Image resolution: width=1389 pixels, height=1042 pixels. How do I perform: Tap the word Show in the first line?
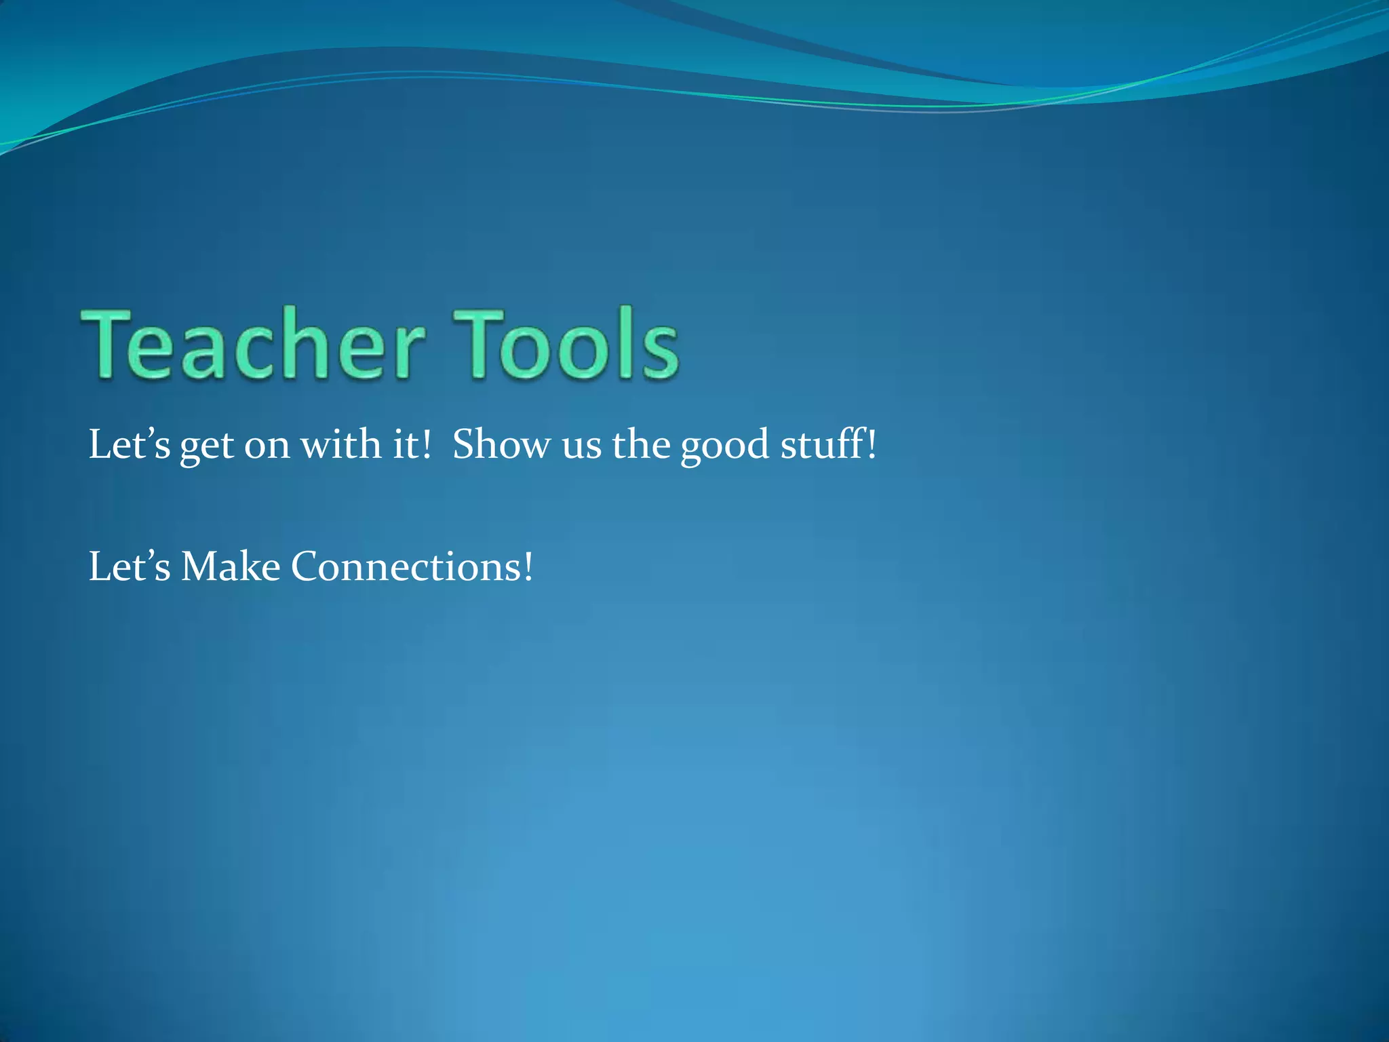(x=502, y=445)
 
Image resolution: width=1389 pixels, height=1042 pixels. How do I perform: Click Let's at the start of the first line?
(x=130, y=445)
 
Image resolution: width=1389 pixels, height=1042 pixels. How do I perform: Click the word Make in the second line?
(x=231, y=566)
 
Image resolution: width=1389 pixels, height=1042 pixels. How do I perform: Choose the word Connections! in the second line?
(x=412, y=566)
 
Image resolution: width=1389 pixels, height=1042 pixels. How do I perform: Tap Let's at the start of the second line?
(x=130, y=566)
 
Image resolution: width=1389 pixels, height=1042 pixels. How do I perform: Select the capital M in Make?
(x=199, y=566)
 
